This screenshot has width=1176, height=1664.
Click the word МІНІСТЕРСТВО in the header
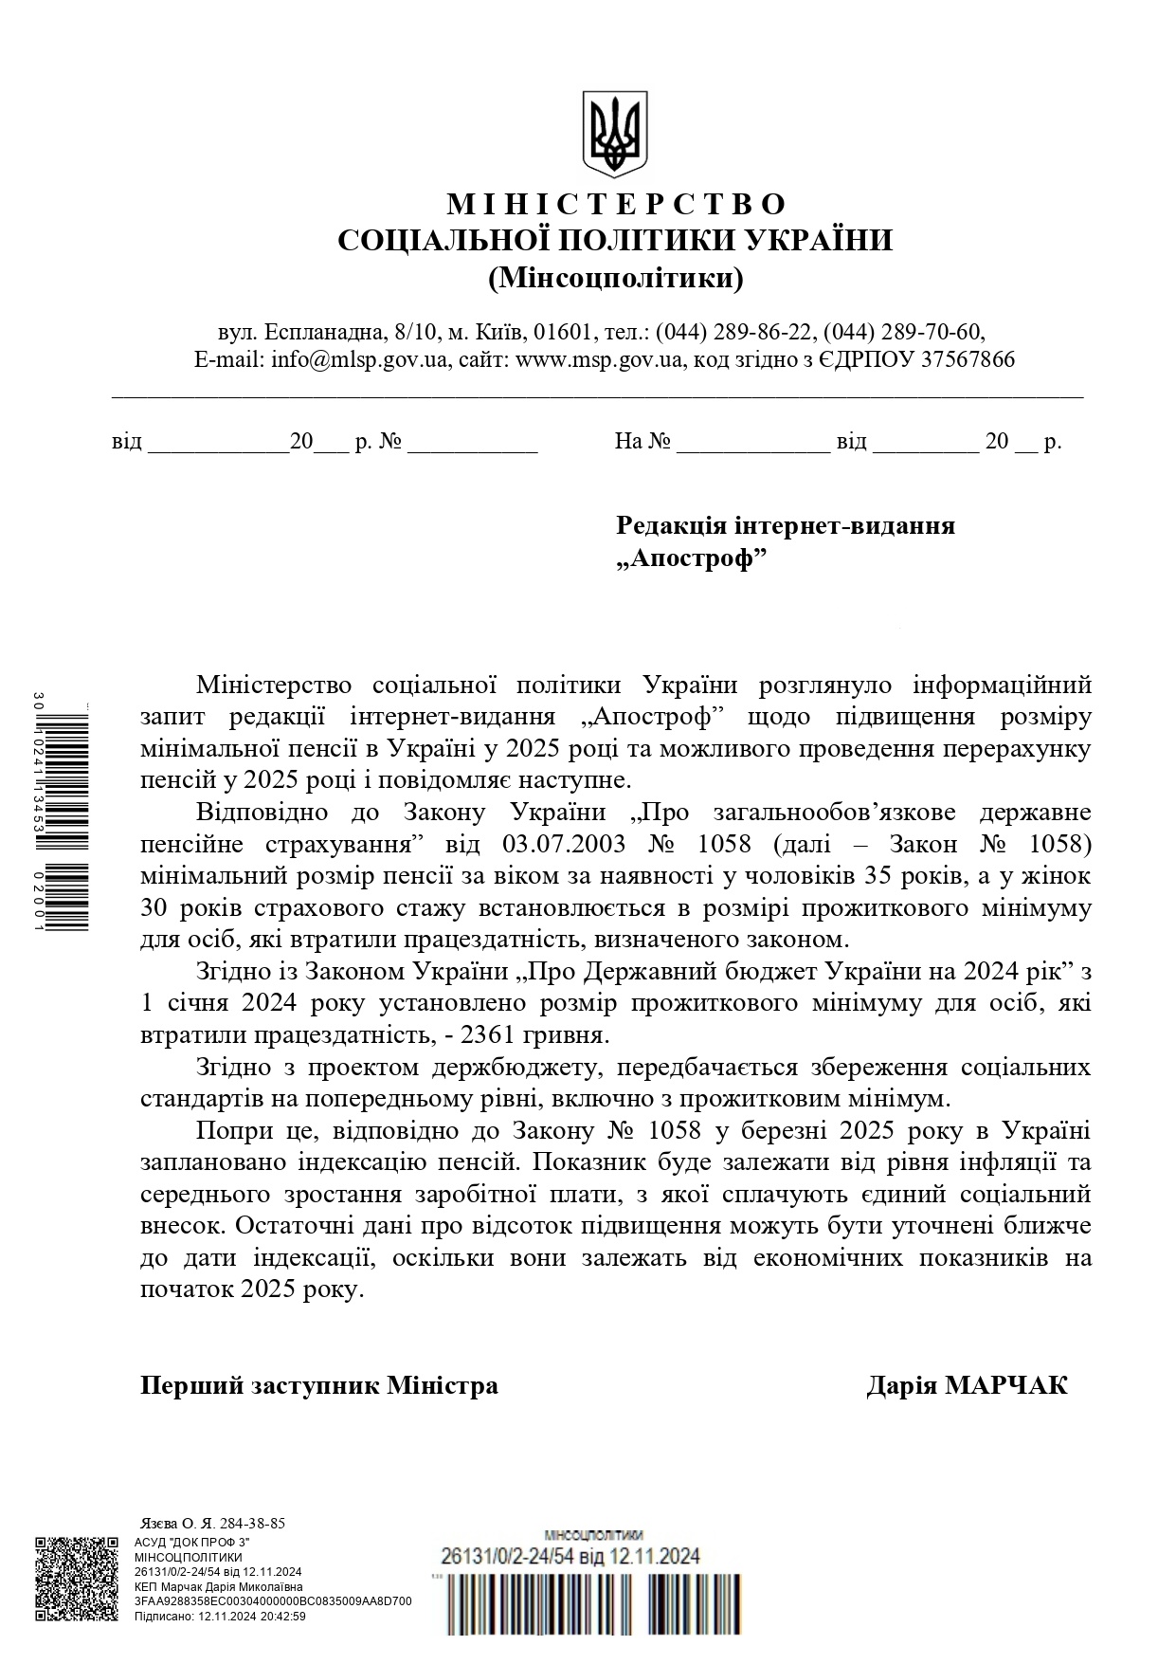click(616, 204)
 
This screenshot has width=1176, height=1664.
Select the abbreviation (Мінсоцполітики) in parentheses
click(616, 279)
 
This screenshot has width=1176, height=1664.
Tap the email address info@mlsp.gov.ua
click(359, 360)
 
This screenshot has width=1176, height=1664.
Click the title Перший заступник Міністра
click(319, 1386)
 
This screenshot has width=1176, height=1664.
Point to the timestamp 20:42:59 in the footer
click(280, 1617)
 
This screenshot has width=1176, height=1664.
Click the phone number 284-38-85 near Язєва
click(252, 1524)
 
